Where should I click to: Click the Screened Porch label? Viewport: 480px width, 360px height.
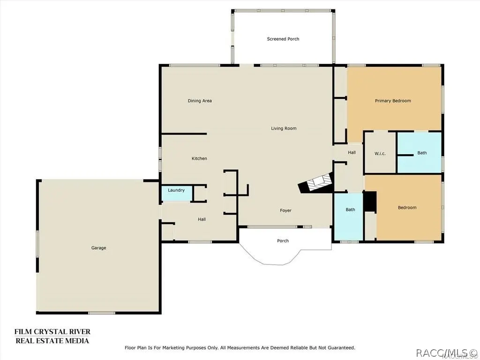pyautogui.click(x=283, y=39)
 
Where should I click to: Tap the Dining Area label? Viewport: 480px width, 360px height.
pyautogui.click(x=200, y=101)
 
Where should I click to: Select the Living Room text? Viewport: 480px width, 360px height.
pyautogui.click(x=284, y=128)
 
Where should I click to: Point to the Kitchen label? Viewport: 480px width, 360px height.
pyautogui.click(x=199, y=158)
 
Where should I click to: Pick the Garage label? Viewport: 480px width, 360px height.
pyautogui.click(x=98, y=248)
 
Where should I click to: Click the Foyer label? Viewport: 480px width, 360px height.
pyautogui.click(x=285, y=210)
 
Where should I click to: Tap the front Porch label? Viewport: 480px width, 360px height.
pyautogui.click(x=283, y=240)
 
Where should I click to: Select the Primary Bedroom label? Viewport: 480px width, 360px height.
pyautogui.click(x=393, y=101)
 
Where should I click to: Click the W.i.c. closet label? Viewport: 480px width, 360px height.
pyautogui.click(x=380, y=153)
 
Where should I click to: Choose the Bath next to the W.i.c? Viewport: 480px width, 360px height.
pyautogui.click(x=422, y=153)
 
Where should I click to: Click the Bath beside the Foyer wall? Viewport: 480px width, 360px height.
pyautogui.click(x=350, y=210)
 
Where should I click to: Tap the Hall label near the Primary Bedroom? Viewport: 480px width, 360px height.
pyautogui.click(x=352, y=152)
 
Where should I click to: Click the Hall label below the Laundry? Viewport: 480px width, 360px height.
pyautogui.click(x=202, y=219)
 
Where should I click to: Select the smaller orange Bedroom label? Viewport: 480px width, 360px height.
pyautogui.click(x=407, y=208)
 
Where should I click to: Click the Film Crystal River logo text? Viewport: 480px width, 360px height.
pyautogui.click(x=52, y=336)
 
